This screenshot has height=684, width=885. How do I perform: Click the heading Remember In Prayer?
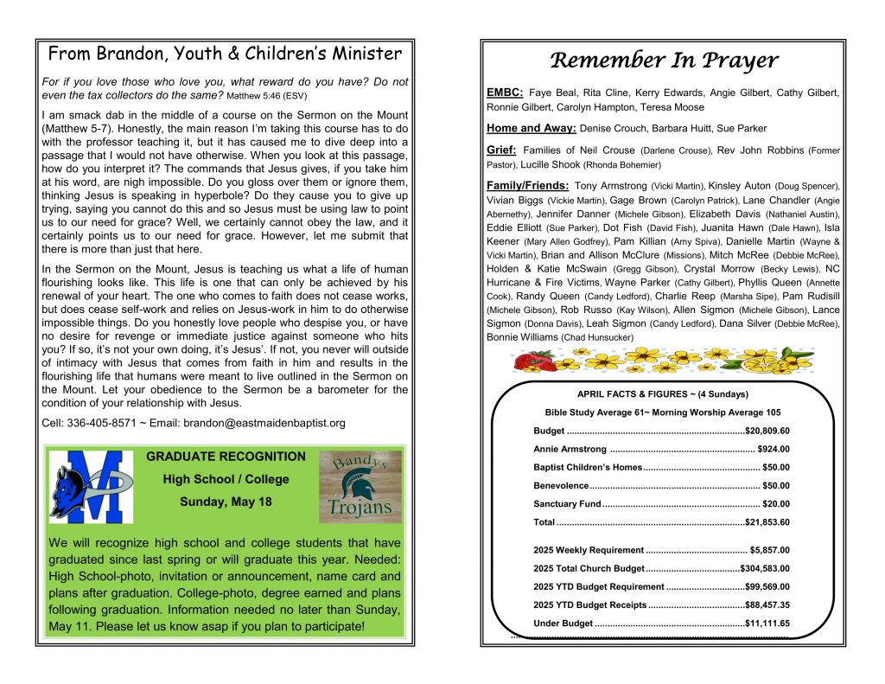tap(664, 60)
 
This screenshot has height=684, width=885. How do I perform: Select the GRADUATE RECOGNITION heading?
tap(226, 457)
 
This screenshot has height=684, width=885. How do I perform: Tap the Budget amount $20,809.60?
tap(767, 431)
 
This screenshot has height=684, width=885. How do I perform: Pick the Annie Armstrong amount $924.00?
tap(773, 449)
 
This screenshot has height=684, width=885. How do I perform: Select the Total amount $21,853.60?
tap(767, 522)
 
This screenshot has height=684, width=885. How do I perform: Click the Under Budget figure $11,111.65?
tap(767, 623)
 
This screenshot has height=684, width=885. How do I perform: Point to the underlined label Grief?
tap(502, 150)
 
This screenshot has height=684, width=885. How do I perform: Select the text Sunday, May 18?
tap(226, 502)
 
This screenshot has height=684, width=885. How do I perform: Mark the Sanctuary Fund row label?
tap(567, 504)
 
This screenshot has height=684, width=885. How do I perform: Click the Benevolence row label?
tap(561, 486)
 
